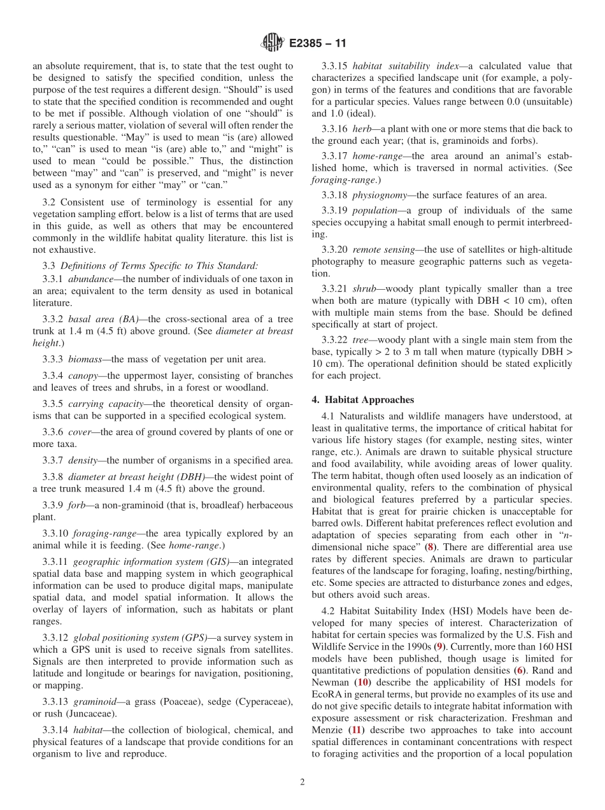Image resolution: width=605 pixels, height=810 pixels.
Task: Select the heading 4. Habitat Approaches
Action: pyautogui.click(x=362, y=400)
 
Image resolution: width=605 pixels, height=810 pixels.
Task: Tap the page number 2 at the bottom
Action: pyautogui.click(x=302, y=782)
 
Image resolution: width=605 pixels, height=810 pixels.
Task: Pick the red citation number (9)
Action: pyautogui.click(x=438, y=646)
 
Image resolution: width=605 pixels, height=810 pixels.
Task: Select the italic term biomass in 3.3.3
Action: pyautogui.click(x=87, y=360)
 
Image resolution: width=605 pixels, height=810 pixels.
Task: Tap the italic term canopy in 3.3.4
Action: pyautogui.click(x=83, y=376)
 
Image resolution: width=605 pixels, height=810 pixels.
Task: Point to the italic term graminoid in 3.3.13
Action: pyautogui.click(x=96, y=701)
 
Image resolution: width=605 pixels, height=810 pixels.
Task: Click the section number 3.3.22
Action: pyautogui.click(x=334, y=339)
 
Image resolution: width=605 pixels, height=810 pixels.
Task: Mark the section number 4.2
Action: pyautogui.click(x=329, y=611)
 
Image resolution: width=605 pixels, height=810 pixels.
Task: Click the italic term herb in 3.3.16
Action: pyautogui.click(x=362, y=129)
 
